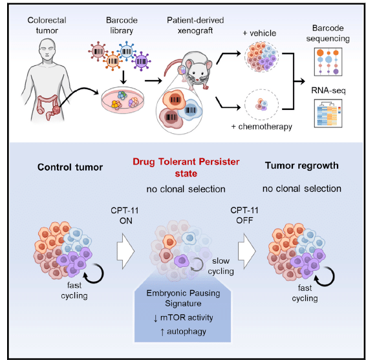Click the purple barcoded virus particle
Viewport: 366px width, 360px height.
pos(141,61)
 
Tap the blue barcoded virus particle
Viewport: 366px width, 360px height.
pos(127,50)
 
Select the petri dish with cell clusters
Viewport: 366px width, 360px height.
pos(123,100)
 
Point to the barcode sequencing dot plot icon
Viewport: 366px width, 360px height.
pos(328,62)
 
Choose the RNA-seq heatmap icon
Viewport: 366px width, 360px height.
pos(328,113)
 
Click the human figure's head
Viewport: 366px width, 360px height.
pos(47,50)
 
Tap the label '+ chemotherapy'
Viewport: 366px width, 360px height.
pos(262,127)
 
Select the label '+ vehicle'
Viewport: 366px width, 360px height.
pos(259,33)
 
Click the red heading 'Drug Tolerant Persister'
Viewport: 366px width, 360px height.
pos(186,162)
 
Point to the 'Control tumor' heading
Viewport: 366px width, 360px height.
pos(70,167)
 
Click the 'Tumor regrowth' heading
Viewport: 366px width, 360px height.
pos(302,165)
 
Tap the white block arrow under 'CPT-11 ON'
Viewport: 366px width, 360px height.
pos(125,251)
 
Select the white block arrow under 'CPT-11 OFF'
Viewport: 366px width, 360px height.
pos(247,251)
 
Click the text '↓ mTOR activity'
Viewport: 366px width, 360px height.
pos(183,317)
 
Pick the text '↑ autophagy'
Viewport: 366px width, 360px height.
pos(183,332)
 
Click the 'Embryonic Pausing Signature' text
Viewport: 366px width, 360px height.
pos(183,298)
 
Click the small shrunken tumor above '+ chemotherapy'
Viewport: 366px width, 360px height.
pos(261,104)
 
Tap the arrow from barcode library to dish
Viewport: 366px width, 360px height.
pos(124,77)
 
